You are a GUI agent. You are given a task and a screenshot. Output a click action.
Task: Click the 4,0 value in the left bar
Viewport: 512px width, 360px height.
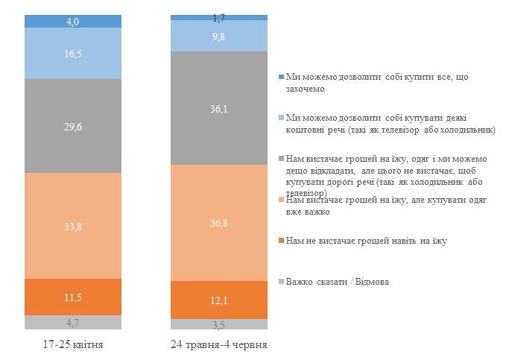(72, 22)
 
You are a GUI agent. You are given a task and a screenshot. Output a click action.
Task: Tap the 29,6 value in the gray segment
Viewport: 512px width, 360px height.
(72, 127)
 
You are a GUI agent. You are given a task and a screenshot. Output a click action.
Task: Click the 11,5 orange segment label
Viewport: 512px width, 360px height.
(72, 297)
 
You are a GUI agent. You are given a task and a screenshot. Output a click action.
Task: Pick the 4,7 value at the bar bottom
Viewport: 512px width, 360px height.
(72, 322)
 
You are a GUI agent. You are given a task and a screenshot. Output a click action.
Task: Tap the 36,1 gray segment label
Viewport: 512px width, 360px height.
(219, 108)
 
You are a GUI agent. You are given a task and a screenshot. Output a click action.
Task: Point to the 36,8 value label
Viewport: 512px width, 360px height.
(219, 223)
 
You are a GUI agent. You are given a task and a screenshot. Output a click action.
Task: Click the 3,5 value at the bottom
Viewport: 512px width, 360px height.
(219, 324)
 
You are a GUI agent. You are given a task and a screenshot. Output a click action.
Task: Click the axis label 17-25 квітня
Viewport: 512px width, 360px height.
(72, 345)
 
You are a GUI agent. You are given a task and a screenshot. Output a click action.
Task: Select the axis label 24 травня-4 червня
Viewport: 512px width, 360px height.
(219, 345)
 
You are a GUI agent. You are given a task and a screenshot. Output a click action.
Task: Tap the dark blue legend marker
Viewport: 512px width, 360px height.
(280, 77)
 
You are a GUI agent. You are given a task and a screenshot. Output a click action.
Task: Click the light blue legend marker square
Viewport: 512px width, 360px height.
(280, 118)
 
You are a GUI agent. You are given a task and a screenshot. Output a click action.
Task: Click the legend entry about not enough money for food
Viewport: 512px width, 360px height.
(362, 240)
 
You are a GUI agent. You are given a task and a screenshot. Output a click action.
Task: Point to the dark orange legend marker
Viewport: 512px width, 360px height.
(280, 240)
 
